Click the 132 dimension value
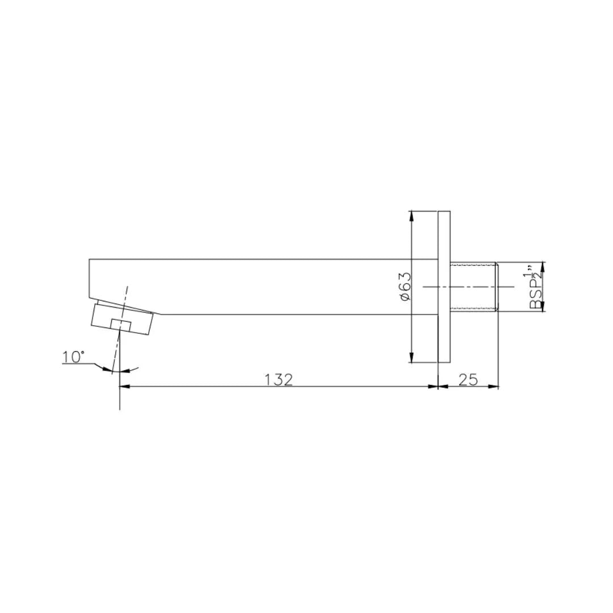click(x=279, y=379)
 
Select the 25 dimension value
click(x=468, y=379)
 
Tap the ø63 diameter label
click(x=405, y=287)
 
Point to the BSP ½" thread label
click(x=535, y=287)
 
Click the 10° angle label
click(x=73, y=357)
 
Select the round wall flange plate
click(x=444, y=287)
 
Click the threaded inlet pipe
click(x=473, y=287)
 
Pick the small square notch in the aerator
click(x=121, y=325)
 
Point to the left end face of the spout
click(x=89, y=278)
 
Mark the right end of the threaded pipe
click(x=497, y=287)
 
